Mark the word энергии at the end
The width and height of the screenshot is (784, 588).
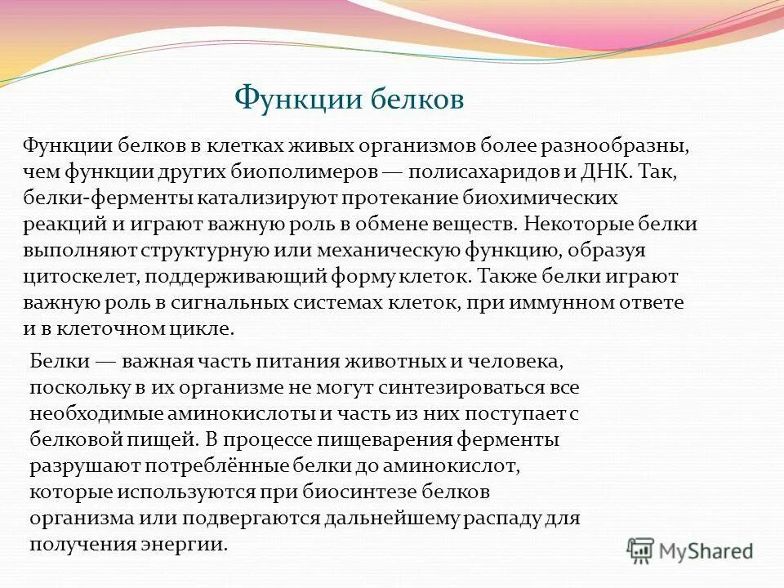tap(185, 543)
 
